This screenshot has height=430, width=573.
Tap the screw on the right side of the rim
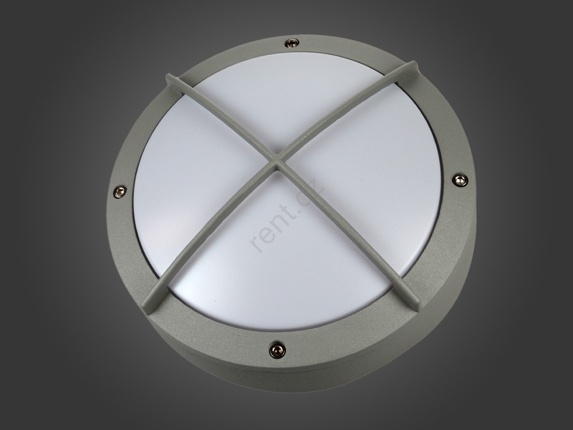[x=459, y=179]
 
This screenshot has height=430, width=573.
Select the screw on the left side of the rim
[x=120, y=190]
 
